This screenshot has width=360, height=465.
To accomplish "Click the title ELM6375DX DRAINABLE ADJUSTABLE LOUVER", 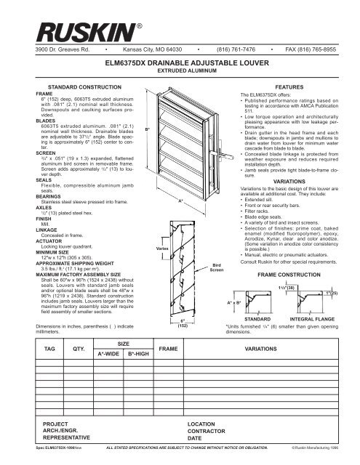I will tap(180, 63).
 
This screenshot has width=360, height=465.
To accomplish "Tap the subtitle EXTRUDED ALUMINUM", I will tap(180, 72).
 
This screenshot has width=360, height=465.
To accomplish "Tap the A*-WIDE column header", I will tap(109, 354).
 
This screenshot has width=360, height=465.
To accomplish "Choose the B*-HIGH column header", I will tap(138, 354).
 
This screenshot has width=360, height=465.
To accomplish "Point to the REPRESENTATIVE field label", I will tap(71, 440).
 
